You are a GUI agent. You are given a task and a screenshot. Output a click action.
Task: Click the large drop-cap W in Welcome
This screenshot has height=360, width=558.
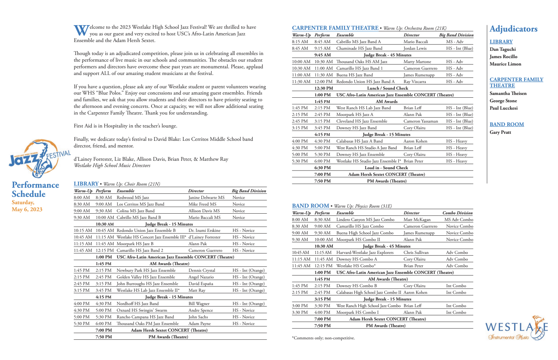point(81,30)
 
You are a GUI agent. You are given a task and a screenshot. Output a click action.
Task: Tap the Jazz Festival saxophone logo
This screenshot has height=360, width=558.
point(40,159)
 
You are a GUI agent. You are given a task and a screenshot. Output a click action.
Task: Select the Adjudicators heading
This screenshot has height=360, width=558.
point(513,29)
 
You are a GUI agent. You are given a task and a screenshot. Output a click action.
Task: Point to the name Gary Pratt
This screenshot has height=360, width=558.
point(500,132)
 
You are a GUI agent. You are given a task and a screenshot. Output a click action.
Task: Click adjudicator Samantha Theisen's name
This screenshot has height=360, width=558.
point(508,94)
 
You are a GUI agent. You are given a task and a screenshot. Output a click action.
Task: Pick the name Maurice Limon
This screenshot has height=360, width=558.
point(505,64)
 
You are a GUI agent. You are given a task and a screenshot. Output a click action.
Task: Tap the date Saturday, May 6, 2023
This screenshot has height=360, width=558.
point(27,206)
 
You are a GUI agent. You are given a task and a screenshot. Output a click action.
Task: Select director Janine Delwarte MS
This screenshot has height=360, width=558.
point(206,198)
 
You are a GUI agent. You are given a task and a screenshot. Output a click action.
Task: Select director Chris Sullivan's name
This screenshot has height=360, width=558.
point(416,252)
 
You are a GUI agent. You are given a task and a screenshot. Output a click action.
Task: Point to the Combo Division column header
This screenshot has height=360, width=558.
point(457,213)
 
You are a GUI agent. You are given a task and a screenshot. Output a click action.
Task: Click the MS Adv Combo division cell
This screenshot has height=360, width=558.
point(459,220)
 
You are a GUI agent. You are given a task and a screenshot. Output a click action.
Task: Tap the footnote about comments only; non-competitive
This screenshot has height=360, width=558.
point(323,338)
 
